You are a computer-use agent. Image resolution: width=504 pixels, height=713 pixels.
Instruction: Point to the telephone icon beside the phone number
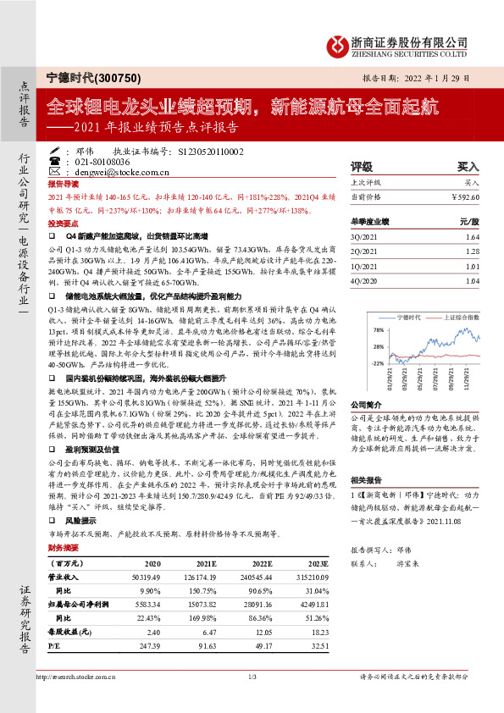[55, 160]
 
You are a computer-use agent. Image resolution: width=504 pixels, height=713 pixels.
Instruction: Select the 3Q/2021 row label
[364, 238]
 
